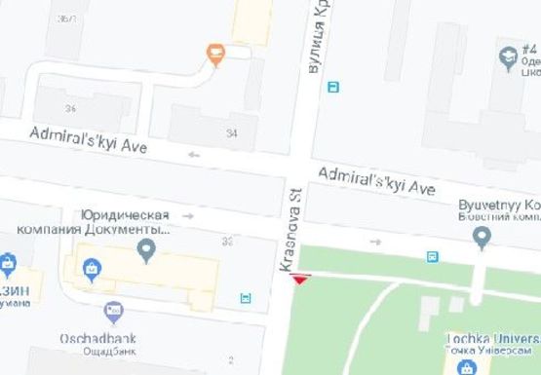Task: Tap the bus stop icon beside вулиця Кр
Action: tap(334, 87)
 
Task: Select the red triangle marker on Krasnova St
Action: tap(300, 280)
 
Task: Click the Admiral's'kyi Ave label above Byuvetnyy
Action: tap(376, 180)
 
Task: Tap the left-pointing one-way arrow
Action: tap(193, 154)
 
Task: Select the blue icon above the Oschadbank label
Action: tap(112, 313)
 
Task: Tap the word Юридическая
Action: tap(126, 215)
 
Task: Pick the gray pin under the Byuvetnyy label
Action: tap(480, 240)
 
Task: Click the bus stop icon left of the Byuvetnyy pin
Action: tap(432, 256)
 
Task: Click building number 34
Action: tap(231, 133)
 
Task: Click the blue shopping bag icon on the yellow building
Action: tap(91, 265)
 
